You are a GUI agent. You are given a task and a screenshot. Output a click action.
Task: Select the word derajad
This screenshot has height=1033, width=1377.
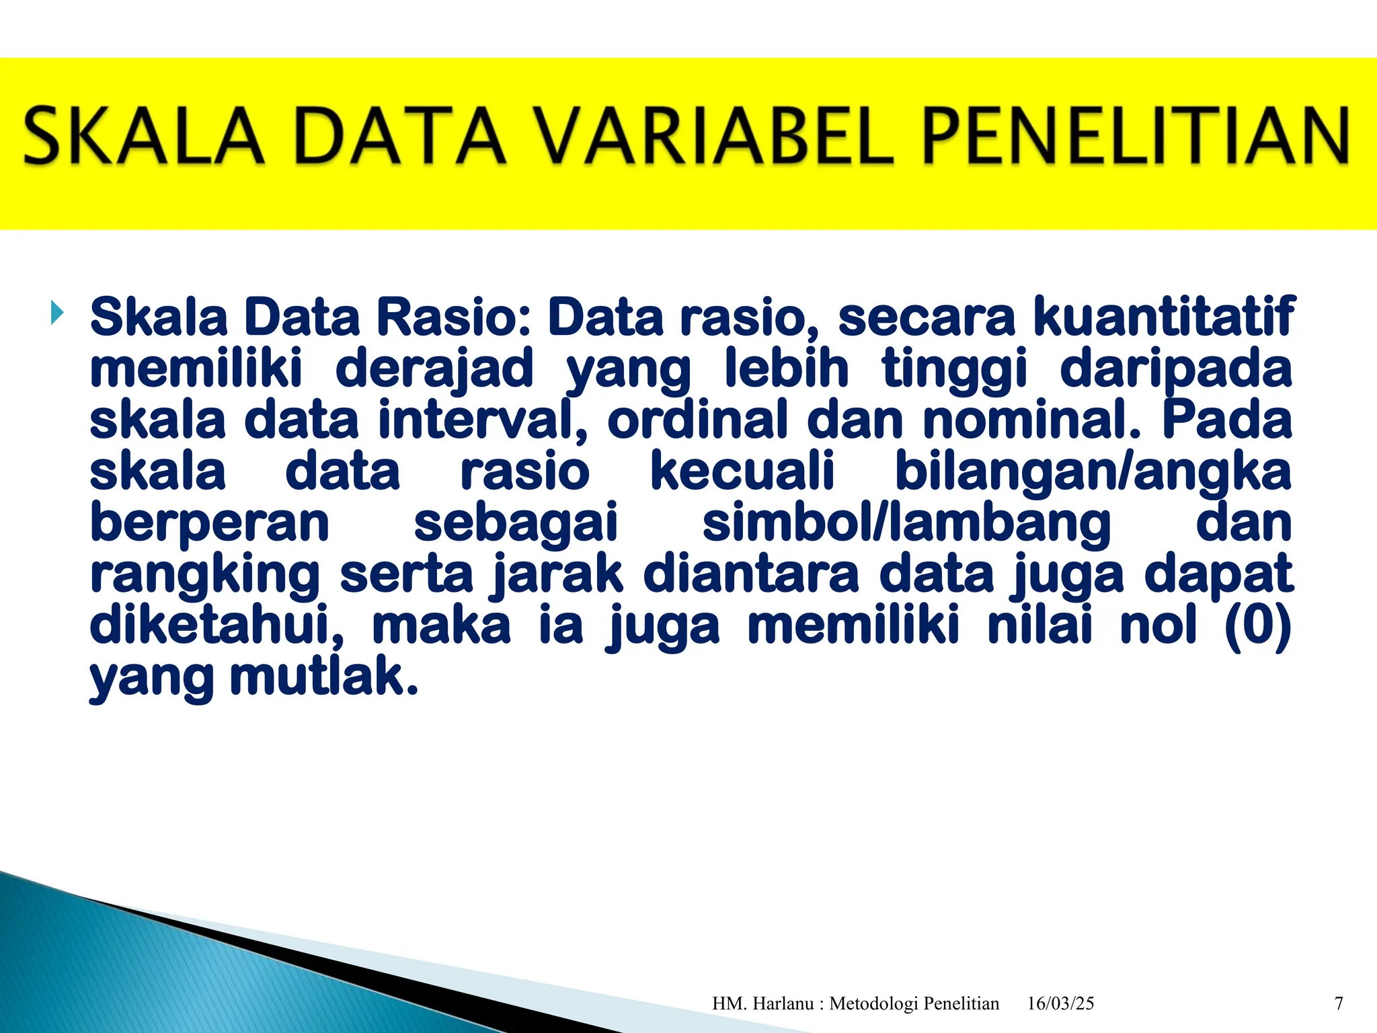point(434,369)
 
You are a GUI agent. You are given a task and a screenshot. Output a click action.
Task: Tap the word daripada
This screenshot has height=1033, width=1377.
point(1176,369)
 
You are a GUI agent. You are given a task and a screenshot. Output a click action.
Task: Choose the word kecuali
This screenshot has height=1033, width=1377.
point(742,471)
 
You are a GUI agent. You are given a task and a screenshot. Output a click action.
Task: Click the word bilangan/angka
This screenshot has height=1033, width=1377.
point(1093,471)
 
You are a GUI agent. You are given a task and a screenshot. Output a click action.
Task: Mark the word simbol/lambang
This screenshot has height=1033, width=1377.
point(906,523)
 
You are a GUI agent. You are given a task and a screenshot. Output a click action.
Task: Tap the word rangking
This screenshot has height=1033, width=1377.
point(205,576)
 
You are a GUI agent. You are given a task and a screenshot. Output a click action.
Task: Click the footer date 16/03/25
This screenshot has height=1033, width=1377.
point(1060,1003)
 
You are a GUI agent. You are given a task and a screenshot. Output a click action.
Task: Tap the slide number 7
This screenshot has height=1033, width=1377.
point(1339,1003)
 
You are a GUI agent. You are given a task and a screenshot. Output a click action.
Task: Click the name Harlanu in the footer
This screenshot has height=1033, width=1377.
point(783,1003)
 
